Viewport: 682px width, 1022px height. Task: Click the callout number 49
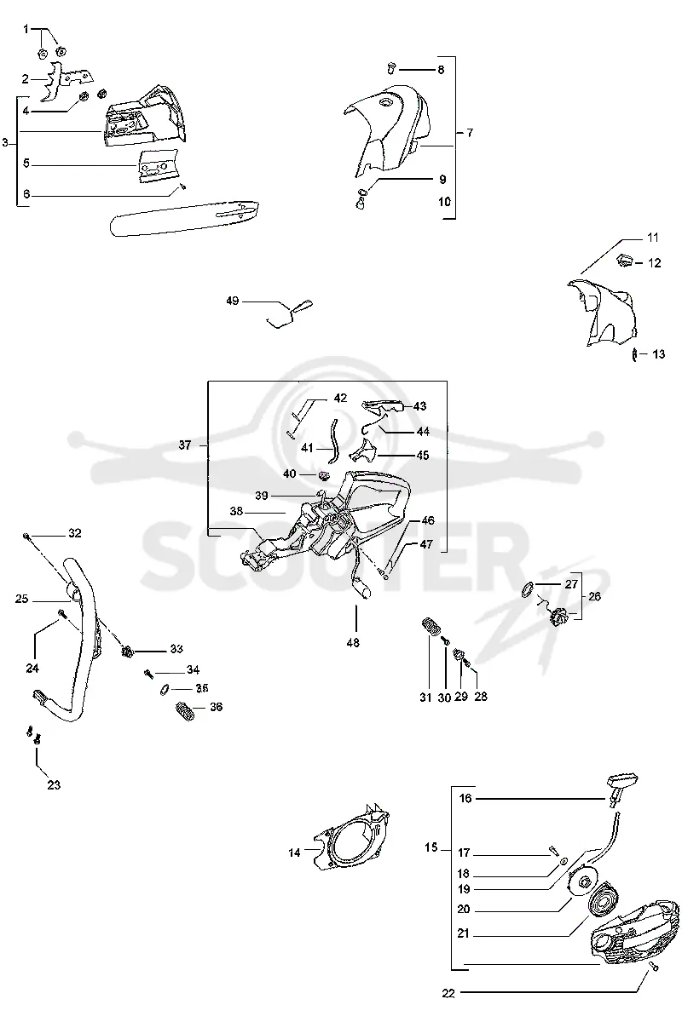233,301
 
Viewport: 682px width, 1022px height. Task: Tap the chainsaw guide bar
184,218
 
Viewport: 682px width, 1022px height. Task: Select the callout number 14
294,853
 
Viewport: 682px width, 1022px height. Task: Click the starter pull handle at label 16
621,787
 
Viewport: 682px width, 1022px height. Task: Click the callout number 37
185,445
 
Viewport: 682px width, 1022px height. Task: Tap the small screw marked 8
391,68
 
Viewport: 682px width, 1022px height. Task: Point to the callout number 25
21,599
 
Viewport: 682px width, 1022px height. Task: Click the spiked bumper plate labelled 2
67,80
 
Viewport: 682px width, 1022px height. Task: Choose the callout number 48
353,643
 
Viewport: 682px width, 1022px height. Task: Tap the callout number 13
658,354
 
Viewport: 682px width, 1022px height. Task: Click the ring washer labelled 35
165,690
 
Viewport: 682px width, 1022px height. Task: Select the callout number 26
594,596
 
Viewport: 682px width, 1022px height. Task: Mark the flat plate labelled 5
158,166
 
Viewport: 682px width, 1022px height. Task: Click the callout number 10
444,202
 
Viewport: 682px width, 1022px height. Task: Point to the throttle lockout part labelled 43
382,406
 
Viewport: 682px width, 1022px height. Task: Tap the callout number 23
54,785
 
